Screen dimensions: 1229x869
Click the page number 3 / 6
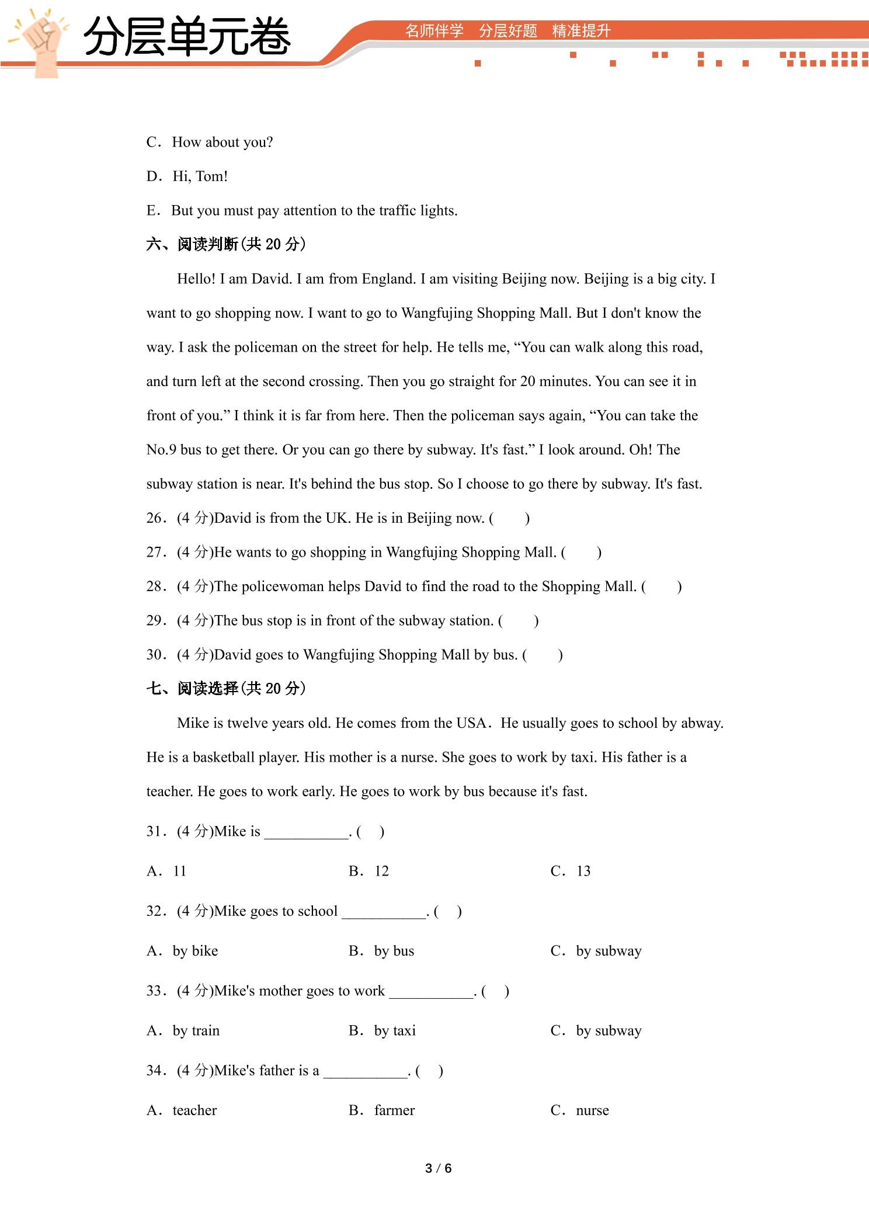[x=438, y=1168]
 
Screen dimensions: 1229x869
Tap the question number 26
[x=155, y=518]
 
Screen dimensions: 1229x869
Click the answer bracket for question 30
[x=543, y=655]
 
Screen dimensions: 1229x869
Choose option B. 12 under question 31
[x=369, y=871]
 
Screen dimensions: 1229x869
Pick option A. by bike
[x=183, y=951]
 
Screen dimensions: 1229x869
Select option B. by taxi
[x=383, y=1030]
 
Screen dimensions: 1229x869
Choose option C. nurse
[x=580, y=1110]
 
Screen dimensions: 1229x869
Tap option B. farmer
[x=383, y=1110]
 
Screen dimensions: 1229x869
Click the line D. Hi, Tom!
[x=187, y=176]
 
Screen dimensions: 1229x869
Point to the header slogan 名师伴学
[x=434, y=31]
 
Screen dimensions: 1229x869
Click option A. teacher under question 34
[x=182, y=1110]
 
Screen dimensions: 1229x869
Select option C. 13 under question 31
[x=571, y=871]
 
